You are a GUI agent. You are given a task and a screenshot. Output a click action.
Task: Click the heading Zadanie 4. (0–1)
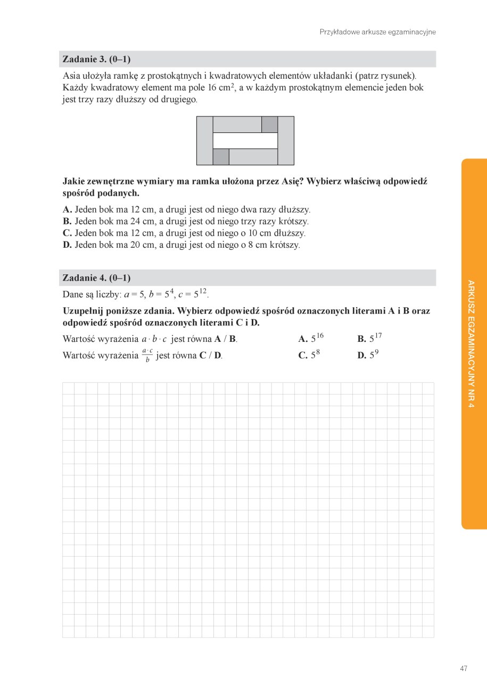[96, 278]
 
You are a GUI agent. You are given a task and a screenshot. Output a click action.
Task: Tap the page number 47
[464, 668]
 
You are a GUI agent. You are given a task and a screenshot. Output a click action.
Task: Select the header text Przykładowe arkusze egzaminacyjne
[377, 32]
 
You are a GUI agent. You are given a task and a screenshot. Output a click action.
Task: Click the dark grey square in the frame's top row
[270, 124]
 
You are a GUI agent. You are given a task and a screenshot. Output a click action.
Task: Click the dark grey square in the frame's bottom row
[221, 157]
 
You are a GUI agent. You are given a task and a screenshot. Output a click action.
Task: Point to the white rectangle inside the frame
[245, 140]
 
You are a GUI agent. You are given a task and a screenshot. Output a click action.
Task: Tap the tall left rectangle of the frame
[205, 140]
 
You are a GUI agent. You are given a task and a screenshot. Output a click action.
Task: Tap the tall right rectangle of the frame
[286, 140]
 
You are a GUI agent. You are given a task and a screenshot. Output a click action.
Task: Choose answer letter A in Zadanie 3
[67, 209]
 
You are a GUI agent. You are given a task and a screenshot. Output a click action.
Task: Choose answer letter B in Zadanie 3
[67, 221]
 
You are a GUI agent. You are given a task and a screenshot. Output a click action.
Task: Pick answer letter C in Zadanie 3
[67, 233]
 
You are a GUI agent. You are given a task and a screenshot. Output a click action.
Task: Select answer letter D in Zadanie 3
[67, 245]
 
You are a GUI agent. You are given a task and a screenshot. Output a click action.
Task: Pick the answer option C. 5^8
[309, 355]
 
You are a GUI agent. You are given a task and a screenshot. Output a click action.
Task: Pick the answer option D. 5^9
[368, 355]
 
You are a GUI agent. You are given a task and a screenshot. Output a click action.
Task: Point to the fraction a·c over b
[147, 356]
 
